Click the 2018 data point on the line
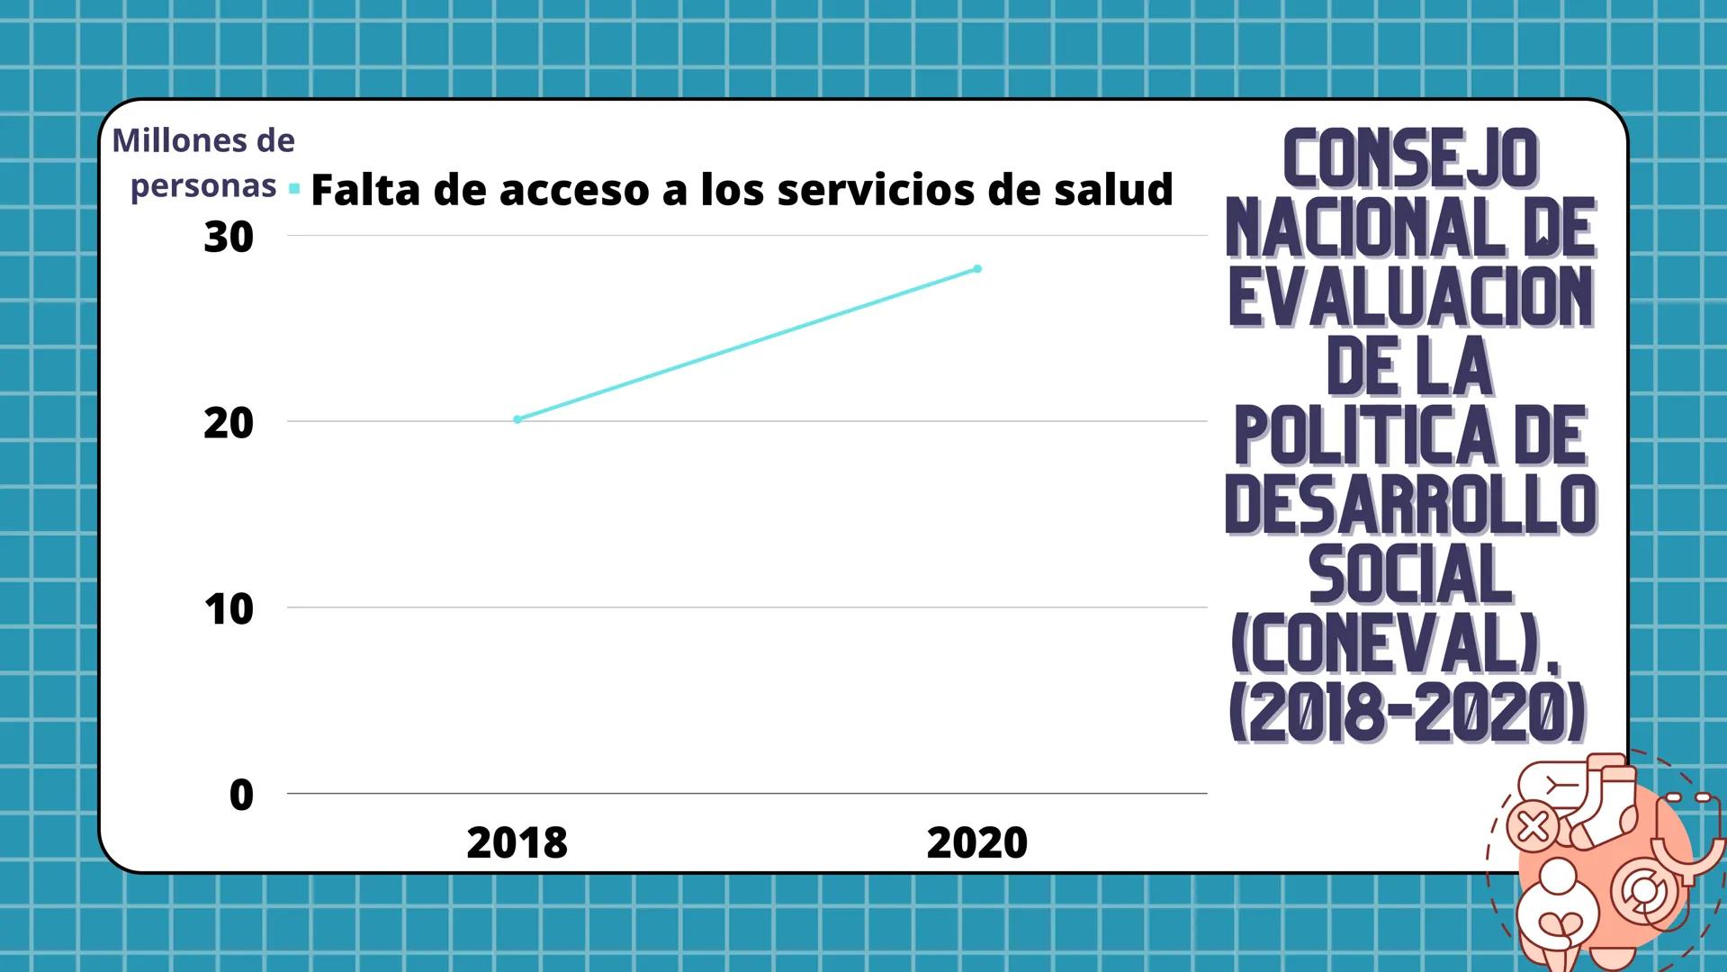coord(517,419)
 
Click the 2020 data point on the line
coord(977,269)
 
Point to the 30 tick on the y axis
coord(229,238)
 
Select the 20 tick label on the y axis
coord(229,424)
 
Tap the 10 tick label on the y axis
coord(229,610)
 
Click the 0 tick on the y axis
coord(241,796)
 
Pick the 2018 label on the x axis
coord(517,843)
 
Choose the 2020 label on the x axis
coord(976,843)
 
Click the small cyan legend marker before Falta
coord(294,189)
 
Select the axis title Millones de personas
coord(203,163)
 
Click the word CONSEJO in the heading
coord(1410,158)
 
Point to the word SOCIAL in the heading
coord(1410,575)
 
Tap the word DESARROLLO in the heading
coord(1410,505)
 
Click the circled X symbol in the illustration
coord(1533,825)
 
